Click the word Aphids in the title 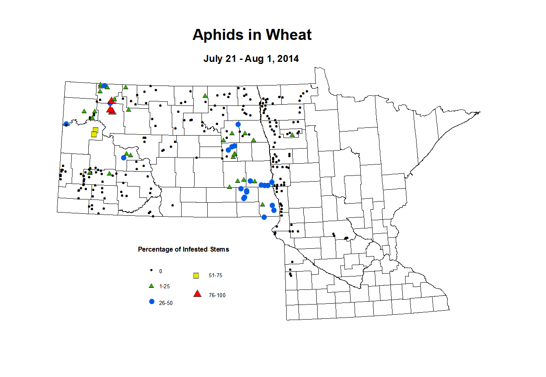click(x=216, y=35)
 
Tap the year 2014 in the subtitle click(x=288, y=59)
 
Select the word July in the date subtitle click(x=213, y=59)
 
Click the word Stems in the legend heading click(x=219, y=249)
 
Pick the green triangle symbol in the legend click(x=151, y=286)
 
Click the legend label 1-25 click(x=164, y=287)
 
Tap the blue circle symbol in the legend click(x=152, y=302)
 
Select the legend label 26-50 click(x=166, y=303)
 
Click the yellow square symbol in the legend click(x=196, y=276)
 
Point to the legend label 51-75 click(x=215, y=276)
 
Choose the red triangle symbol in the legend click(x=197, y=294)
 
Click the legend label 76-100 click(x=217, y=295)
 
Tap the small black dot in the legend click(x=151, y=270)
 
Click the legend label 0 click(x=161, y=271)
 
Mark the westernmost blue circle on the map click(x=66, y=124)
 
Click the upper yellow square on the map click(x=96, y=130)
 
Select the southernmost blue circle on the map click(x=264, y=217)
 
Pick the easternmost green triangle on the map click(x=292, y=134)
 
